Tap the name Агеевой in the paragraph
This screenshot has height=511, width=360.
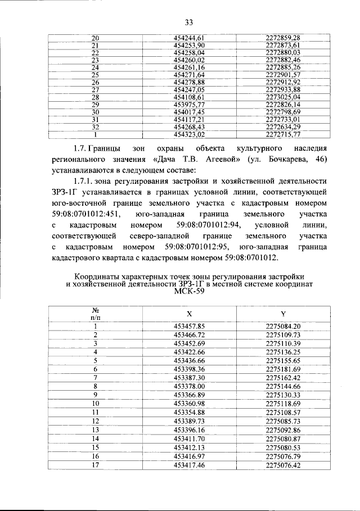coord(214,160)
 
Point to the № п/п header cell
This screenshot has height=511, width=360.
coord(95,313)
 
